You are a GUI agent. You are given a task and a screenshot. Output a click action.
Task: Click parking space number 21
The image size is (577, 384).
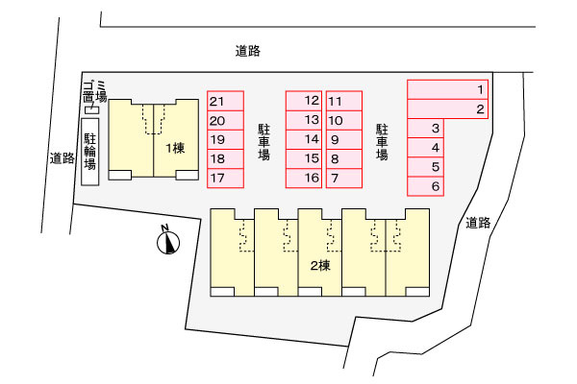[x=225, y=101]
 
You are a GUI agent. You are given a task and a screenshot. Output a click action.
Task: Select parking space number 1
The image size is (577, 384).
[x=447, y=89]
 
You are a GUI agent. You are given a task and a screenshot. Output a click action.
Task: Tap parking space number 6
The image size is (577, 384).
[x=425, y=186]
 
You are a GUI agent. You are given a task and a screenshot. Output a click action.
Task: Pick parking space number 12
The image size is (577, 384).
[x=304, y=101]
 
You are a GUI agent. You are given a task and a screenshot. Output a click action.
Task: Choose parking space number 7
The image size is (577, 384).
[x=344, y=179]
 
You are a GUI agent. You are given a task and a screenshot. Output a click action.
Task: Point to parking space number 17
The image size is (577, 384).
[x=225, y=179]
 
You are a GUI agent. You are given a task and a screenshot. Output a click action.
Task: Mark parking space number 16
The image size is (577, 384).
[x=304, y=179]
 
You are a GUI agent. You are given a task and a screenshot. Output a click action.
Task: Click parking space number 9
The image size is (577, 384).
[x=344, y=139]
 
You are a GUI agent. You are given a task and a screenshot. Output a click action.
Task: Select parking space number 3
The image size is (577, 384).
[x=425, y=129]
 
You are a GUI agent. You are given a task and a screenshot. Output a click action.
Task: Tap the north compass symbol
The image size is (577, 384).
[x=168, y=242]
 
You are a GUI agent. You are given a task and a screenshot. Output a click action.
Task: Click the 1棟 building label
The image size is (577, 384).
[x=175, y=149]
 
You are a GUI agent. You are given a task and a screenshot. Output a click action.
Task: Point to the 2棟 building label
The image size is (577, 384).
[x=320, y=265]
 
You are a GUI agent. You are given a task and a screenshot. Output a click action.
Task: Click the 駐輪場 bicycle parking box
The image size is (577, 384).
[x=90, y=152]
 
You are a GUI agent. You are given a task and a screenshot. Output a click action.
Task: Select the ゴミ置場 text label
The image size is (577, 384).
[x=94, y=92]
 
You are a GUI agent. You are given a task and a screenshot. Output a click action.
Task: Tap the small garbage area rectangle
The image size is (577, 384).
[x=91, y=109]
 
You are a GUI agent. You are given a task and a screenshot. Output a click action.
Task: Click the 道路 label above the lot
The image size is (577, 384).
[x=248, y=51]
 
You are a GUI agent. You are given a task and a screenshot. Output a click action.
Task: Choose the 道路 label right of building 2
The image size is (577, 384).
[x=478, y=223]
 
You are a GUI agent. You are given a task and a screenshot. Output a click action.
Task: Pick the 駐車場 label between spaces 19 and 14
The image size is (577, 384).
[x=263, y=142]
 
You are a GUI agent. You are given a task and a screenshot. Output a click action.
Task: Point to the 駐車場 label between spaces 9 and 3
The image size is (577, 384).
[x=382, y=142]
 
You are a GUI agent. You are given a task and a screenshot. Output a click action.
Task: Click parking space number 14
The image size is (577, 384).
[x=304, y=139]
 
